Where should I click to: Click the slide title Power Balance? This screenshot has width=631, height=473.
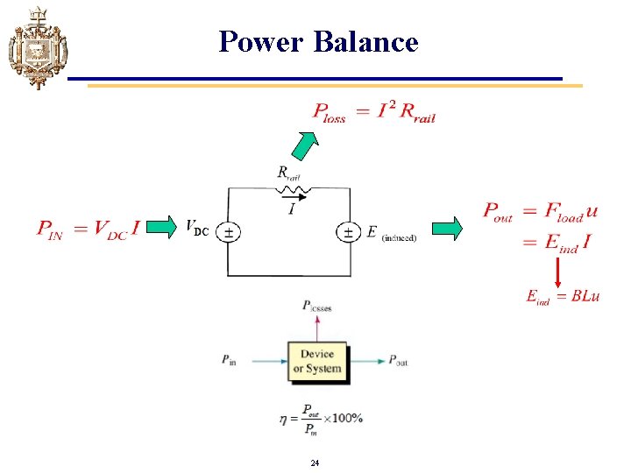tap(319, 41)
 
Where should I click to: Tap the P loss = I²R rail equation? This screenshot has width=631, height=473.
tap(373, 112)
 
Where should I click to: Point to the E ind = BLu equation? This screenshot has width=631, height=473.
tap(563, 296)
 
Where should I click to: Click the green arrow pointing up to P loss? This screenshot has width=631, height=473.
tap(305, 145)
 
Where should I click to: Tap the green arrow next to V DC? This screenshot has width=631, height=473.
tap(156, 229)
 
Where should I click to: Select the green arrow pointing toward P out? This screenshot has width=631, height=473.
tap(448, 229)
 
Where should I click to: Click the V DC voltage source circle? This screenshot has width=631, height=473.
tap(228, 232)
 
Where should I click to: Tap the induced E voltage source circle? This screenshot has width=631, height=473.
tap(348, 232)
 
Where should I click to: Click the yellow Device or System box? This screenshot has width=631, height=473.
tap(316, 360)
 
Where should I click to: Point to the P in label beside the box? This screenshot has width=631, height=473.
tap(229, 360)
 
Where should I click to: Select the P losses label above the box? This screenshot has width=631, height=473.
tap(316, 306)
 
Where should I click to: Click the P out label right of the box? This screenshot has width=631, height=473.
tap(398, 360)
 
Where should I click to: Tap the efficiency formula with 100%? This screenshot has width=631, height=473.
tap(321, 418)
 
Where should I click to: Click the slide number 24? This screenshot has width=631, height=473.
tap(315, 462)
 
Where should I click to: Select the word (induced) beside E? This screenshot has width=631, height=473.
tap(399, 237)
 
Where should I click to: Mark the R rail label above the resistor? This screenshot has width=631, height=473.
tap(288, 173)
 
